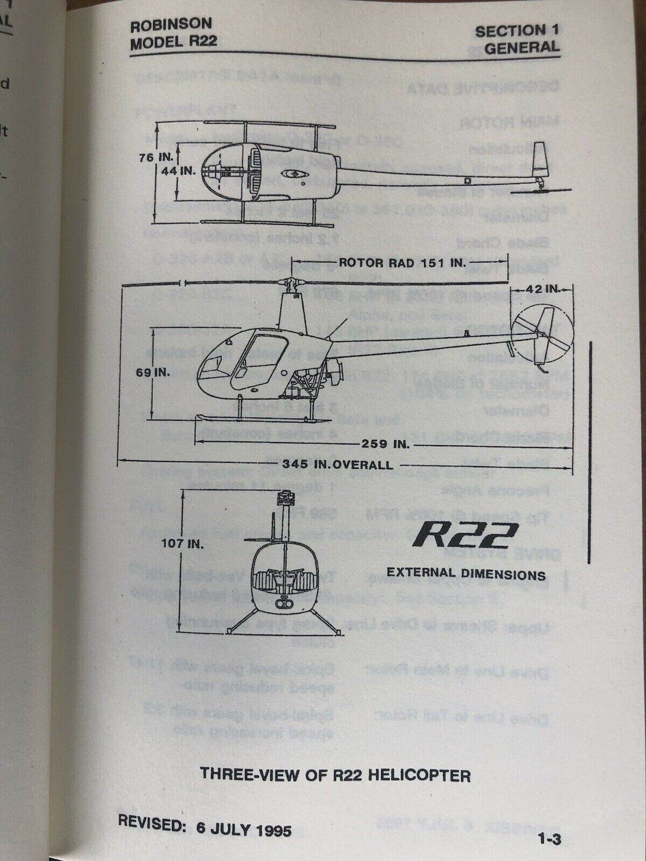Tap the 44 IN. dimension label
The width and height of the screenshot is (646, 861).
click(176, 171)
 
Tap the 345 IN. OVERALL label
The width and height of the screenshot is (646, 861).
click(334, 464)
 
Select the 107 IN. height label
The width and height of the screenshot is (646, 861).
click(184, 544)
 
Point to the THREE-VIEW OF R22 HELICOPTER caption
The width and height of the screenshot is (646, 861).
click(335, 775)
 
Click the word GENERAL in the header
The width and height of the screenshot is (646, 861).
click(521, 47)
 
